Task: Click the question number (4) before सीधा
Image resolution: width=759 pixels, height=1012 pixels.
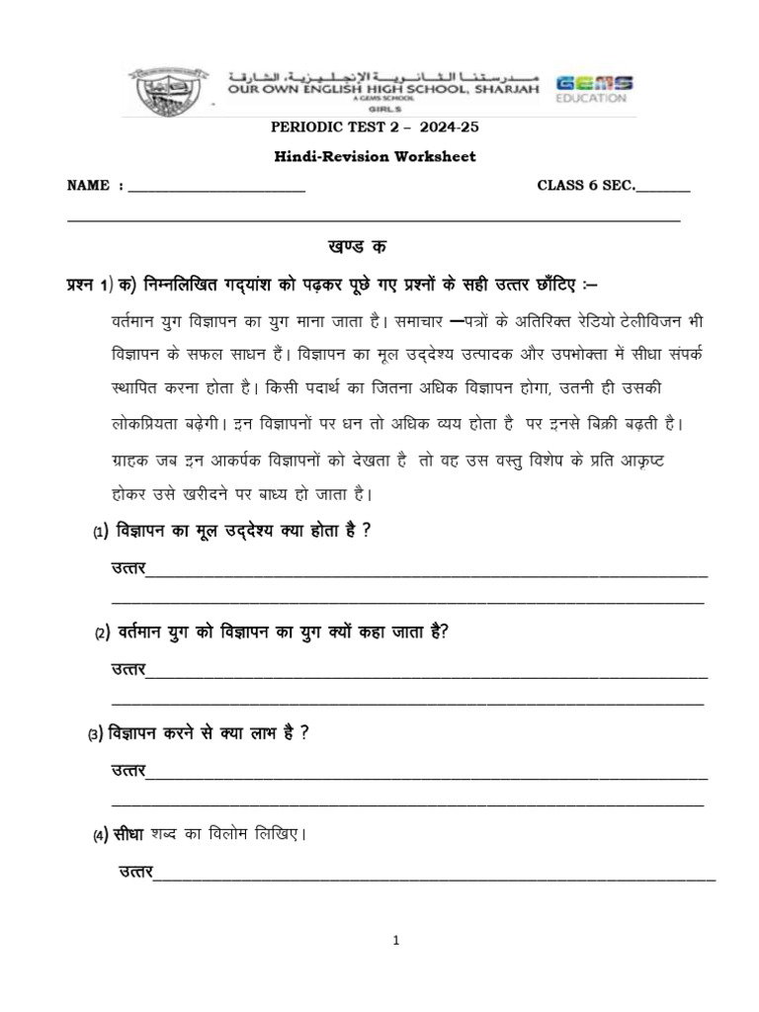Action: click(x=101, y=836)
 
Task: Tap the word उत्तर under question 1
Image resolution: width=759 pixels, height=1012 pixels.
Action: click(x=127, y=568)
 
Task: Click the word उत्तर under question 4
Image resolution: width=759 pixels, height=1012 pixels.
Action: click(x=135, y=871)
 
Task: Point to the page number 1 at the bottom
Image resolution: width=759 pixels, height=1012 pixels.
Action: click(x=395, y=942)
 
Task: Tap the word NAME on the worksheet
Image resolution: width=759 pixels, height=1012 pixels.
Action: click(x=85, y=185)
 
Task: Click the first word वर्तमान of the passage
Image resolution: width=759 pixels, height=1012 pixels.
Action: click(x=135, y=323)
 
